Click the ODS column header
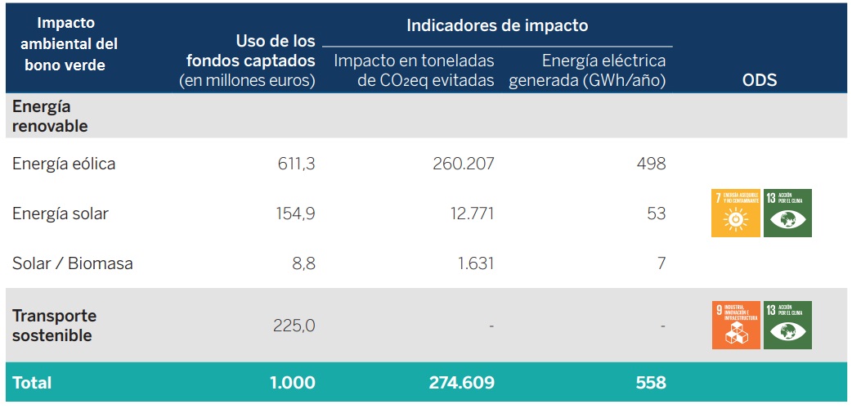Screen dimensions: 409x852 [x=760, y=80]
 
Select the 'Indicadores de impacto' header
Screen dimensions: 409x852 [x=497, y=25]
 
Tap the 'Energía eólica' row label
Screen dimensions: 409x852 [x=64, y=164]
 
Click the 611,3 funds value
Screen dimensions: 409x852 [x=296, y=164]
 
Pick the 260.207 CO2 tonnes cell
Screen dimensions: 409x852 [x=463, y=164]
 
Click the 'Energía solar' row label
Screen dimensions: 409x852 [x=61, y=213]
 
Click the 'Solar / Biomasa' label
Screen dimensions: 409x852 [x=73, y=263]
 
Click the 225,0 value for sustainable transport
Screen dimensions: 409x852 [x=294, y=326]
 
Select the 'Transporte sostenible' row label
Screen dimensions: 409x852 [x=55, y=326]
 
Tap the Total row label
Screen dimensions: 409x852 [x=32, y=383]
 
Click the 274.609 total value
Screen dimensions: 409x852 [x=461, y=383]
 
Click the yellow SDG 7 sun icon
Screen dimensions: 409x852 [x=736, y=213]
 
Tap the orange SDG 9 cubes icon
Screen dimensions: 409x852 [x=736, y=325]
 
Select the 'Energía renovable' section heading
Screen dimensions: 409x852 [x=50, y=117]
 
